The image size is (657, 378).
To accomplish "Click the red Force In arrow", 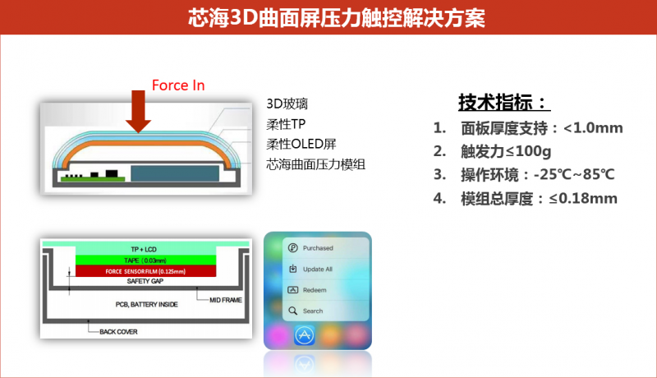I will (139, 113).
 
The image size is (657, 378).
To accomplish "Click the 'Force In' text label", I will (178, 85).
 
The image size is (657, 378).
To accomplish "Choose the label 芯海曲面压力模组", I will (315, 164).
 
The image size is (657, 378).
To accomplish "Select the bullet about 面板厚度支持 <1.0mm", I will (528, 128).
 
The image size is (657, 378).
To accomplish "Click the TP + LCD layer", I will (147, 249).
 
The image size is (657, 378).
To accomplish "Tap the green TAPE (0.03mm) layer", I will (147, 260).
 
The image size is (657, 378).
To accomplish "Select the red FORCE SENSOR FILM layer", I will (147, 271).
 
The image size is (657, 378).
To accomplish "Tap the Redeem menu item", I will (315, 290).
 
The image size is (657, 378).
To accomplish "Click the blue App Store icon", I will (306, 335).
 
